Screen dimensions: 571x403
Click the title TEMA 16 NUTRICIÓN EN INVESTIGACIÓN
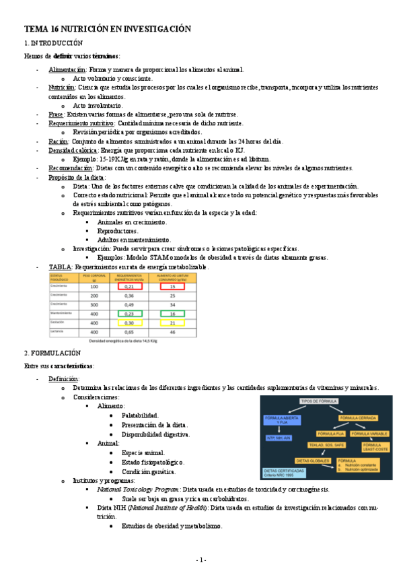[x=108, y=29]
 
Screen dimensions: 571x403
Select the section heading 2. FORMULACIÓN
[x=52, y=353]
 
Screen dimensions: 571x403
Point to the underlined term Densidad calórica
[x=73, y=151]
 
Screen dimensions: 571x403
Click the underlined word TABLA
[x=60, y=267]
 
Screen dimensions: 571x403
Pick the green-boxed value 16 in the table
[x=172, y=314]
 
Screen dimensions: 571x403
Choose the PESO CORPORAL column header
[x=95, y=277]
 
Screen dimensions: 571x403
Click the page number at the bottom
[x=201, y=560]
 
